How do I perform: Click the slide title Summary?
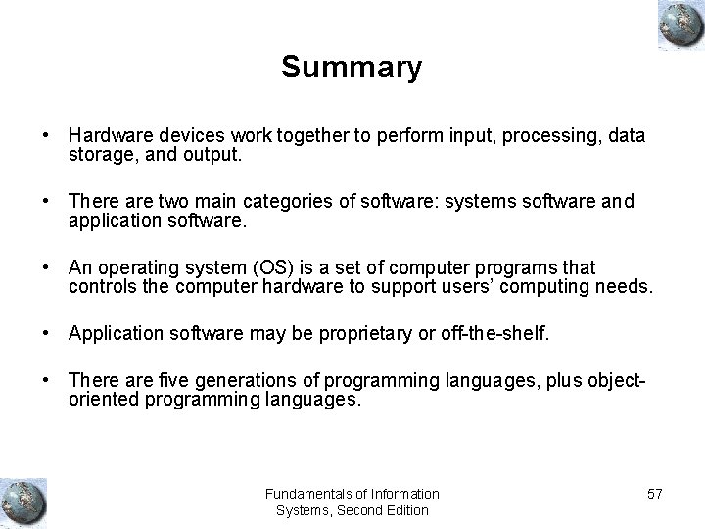click(x=352, y=68)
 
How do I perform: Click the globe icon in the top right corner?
click(x=677, y=25)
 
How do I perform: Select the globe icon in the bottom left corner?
click(x=23, y=502)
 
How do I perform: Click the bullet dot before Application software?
click(x=47, y=334)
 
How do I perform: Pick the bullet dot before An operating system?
click(x=47, y=267)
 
